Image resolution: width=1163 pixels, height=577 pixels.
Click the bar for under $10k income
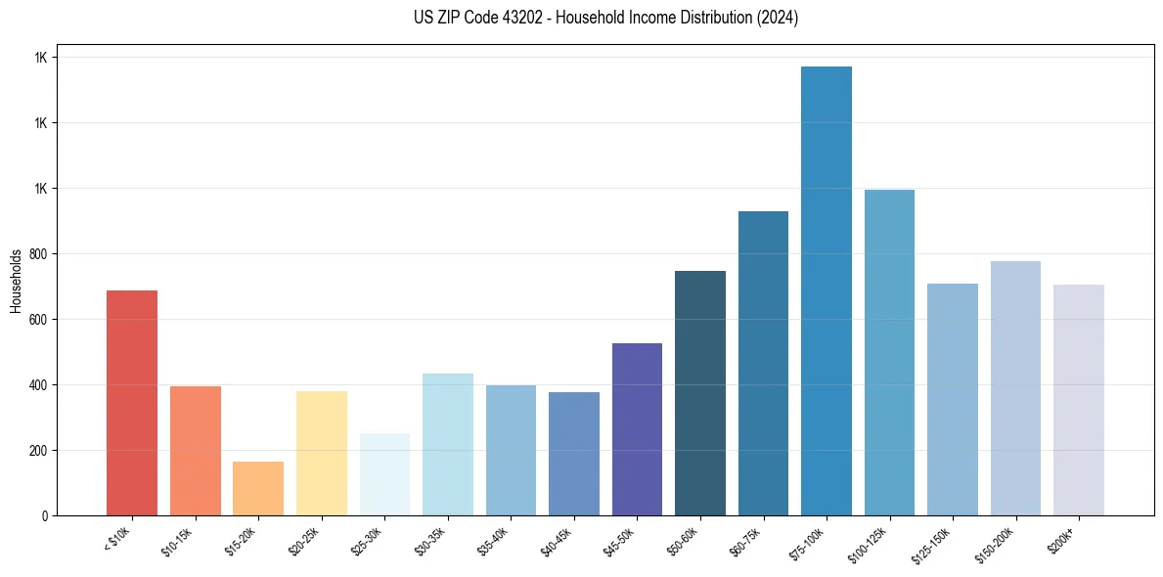click(132, 403)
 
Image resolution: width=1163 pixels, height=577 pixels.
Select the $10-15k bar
click(195, 451)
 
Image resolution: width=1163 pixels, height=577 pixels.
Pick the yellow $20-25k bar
click(321, 453)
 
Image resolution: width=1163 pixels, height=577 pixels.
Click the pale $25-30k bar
click(384, 474)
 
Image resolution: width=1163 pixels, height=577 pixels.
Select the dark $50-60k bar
click(699, 393)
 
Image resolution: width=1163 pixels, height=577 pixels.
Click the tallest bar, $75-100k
click(826, 290)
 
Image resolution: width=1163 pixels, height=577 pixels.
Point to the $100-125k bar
click(889, 352)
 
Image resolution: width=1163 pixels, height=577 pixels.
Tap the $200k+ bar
click(1078, 400)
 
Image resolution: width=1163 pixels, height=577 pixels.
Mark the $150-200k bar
click(1015, 388)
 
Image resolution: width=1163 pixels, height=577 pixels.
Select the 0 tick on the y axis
click(45, 515)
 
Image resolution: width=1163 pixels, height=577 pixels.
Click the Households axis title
click(16, 280)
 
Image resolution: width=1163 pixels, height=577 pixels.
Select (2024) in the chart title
click(778, 18)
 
